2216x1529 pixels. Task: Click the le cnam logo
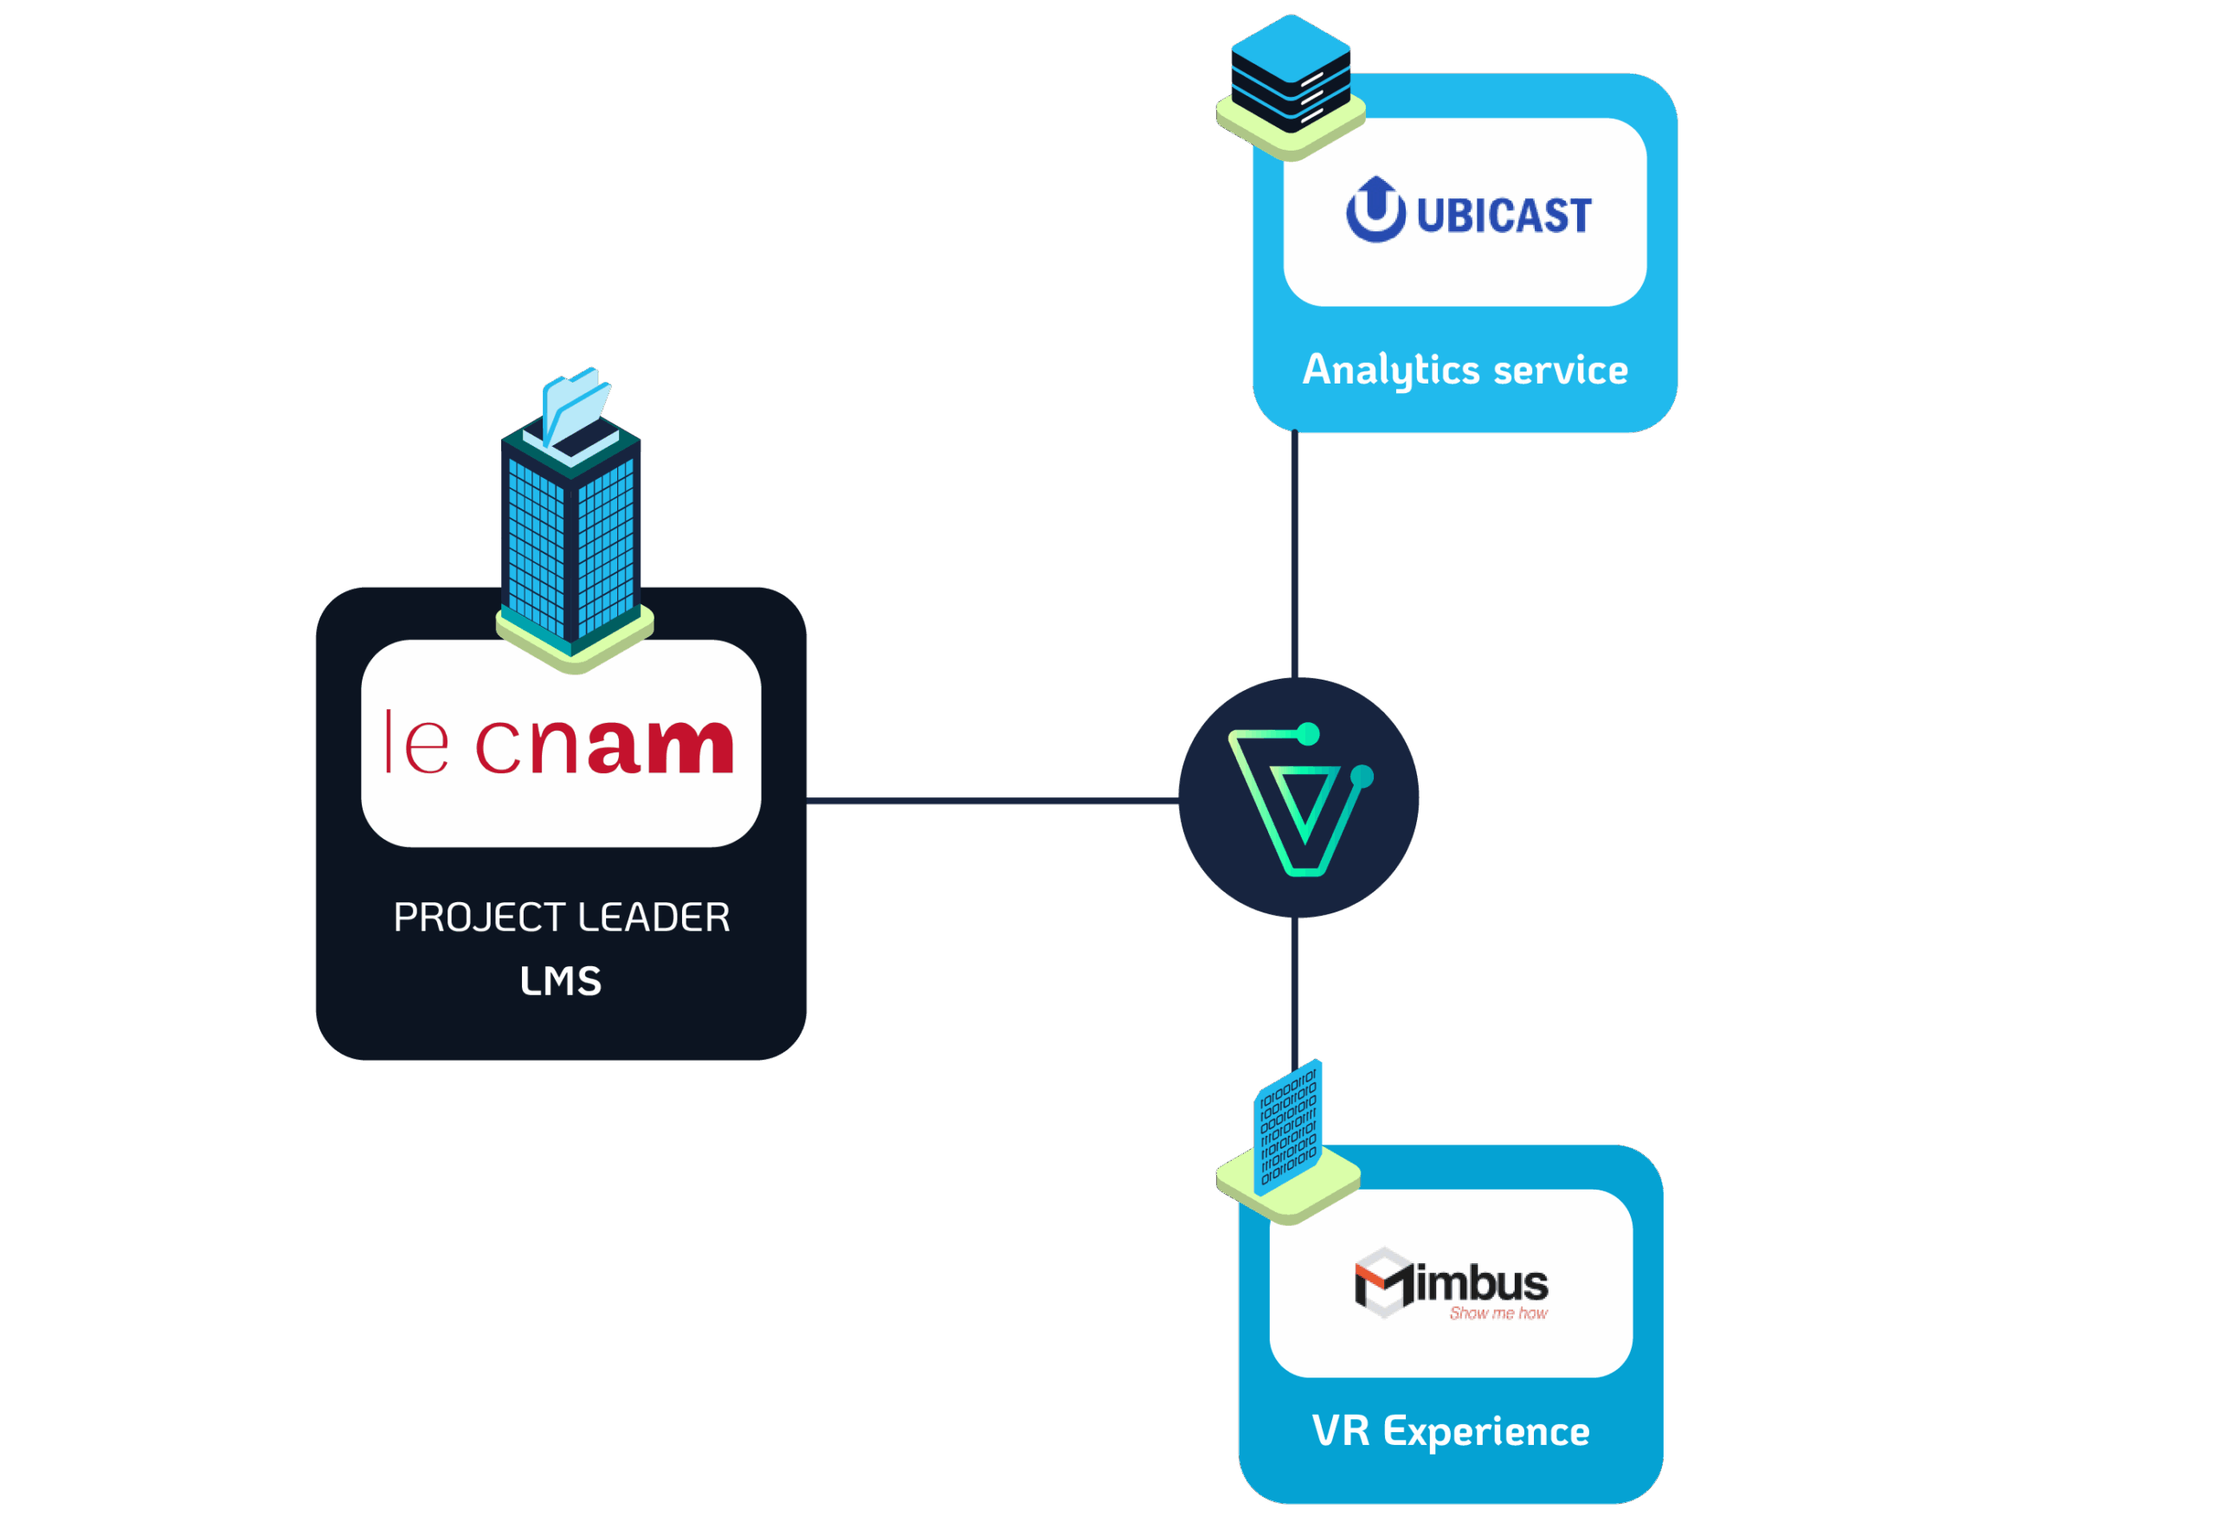pyautogui.click(x=560, y=744)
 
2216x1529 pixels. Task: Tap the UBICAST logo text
pyautogui.click(x=1503, y=216)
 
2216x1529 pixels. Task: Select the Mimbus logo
pyautogui.click(x=1451, y=1284)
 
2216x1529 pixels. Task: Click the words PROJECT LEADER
pyautogui.click(x=562, y=918)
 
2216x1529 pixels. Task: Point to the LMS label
pyautogui.click(x=561, y=981)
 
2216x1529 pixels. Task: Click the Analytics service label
pyautogui.click(x=1466, y=371)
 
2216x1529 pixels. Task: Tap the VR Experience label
pyautogui.click(x=1451, y=1431)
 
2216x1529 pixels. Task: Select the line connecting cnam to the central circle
pyautogui.click(x=992, y=800)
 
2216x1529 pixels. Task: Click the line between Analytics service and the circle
pyautogui.click(x=1295, y=556)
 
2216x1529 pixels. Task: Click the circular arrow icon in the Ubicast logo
pyautogui.click(x=1375, y=210)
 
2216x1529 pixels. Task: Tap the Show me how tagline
pyautogui.click(x=1498, y=1313)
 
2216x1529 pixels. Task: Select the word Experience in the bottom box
pyautogui.click(x=1486, y=1431)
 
